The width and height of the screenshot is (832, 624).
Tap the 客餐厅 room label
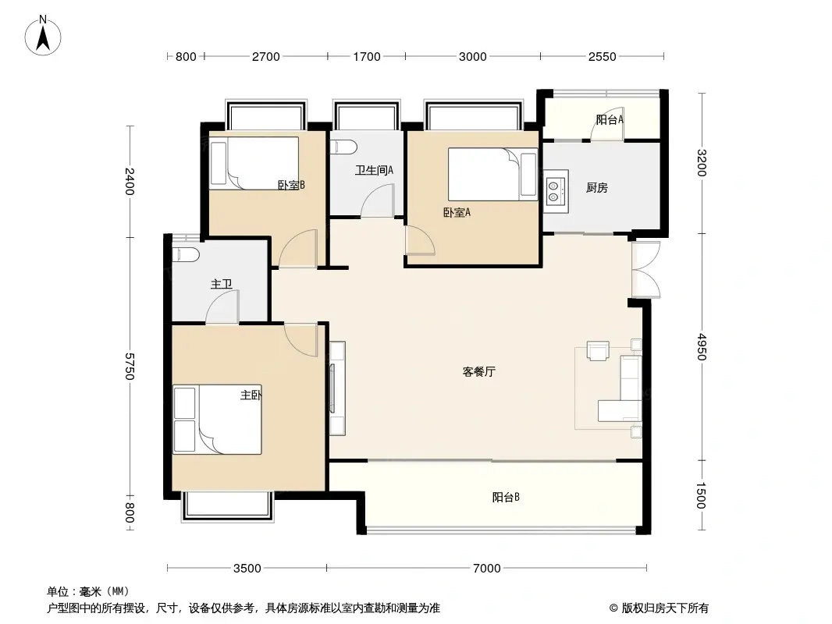478,372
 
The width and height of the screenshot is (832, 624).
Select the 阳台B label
506,497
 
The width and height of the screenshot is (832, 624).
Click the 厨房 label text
597,187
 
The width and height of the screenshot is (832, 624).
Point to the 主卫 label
221,285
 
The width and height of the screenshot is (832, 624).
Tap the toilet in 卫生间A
343,146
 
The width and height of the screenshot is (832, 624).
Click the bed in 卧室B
254,162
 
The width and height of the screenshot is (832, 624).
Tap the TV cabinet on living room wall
337,388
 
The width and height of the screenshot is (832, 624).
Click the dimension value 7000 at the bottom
486,568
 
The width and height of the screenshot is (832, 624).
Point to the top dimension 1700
367,56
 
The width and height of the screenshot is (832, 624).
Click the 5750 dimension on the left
130,367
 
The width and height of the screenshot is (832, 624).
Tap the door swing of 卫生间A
378,204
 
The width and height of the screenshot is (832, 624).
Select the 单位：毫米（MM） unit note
87,591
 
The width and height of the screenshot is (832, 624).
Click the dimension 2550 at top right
602,56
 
